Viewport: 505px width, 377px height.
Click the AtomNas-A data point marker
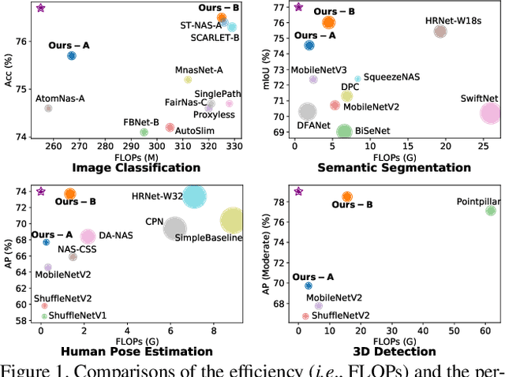coord(48,108)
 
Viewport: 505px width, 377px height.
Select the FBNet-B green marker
coord(144,133)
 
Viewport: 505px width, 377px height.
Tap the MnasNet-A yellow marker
coord(188,80)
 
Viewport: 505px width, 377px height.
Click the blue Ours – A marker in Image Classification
coord(72,56)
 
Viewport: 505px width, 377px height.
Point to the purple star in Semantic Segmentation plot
coord(298,8)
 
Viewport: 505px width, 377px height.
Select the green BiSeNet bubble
coord(344,133)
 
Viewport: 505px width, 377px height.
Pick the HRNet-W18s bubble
coord(440,32)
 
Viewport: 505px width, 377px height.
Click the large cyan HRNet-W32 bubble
coord(194,197)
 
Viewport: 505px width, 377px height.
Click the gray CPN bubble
coord(175,229)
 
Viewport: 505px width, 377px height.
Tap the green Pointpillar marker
coord(490,211)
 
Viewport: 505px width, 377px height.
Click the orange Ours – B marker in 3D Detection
coord(346,197)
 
